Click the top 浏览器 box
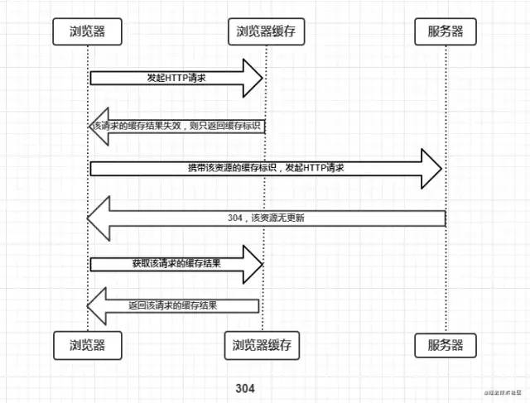point(87,32)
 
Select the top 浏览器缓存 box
point(266,32)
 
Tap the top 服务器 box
point(446,32)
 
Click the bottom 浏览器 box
point(87,345)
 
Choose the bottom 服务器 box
point(446,345)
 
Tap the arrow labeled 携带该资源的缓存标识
point(265,168)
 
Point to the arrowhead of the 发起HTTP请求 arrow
point(253,77)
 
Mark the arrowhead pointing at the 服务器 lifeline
point(432,168)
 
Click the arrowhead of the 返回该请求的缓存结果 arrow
point(98,306)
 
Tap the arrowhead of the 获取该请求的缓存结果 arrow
point(253,264)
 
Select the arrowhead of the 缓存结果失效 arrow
point(98,125)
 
